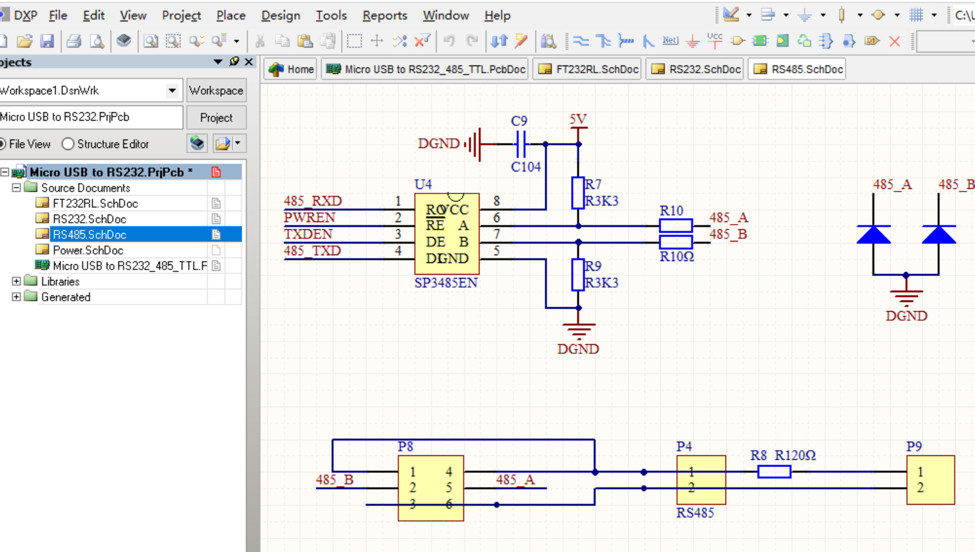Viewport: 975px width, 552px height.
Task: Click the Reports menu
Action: pyautogui.click(x=385, y=15)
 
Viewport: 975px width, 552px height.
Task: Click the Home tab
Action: pyautogui.click(x=292, y=69)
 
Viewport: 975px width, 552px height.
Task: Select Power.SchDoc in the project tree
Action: pyautogui.click(x=88, y=250)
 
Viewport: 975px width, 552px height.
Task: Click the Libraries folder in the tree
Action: pyautogui.click(x=60, y=281)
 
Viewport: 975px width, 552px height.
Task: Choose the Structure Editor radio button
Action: pyautogui.click(x=68, y=144)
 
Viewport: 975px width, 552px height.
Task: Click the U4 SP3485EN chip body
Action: pyautogui.click(x=447, y=234)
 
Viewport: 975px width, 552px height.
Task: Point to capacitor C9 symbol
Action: pyautogui.click(x=520, y=144)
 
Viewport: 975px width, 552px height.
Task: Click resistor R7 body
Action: pyautogui.click(x=577, y=193)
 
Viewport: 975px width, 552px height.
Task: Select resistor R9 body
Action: pyautogui.click(x=577, y=275)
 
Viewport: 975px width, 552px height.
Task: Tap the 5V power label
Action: pyautogui.click(x=577, y=120)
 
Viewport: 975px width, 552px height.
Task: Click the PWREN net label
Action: pyautogui.click(x=309, y=218)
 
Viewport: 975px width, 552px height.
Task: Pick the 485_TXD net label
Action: pyautogui.click(x=312, y=251)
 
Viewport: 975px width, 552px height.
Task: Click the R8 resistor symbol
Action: pyautogui.click(x=774, y=472)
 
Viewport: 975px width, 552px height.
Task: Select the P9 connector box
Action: pyautogui.click(x=930, y=480)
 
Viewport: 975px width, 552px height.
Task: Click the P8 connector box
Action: pyautogui.click(x=431, y=488)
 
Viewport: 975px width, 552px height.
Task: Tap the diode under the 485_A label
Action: pyautogui.click(x=874, y=234)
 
